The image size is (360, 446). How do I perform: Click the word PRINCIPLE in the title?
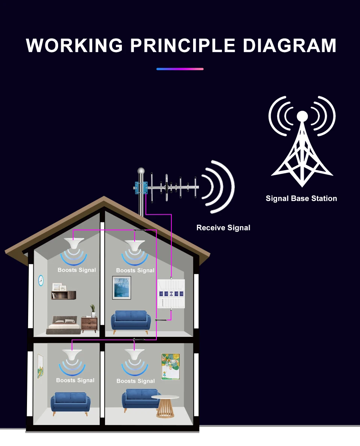pos(183,45)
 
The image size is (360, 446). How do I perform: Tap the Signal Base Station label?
pos(301,198)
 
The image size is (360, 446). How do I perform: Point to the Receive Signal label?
pos(223,228)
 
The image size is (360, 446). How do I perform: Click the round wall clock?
pos(41,280)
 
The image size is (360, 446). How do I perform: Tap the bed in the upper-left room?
pos(64,324)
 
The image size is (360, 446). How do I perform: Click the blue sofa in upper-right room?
pos(130,321)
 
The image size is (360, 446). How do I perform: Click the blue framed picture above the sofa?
pos(121,287)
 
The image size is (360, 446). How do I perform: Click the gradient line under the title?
pos(180,69)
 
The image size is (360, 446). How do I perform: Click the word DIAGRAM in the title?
pos(289,45)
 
